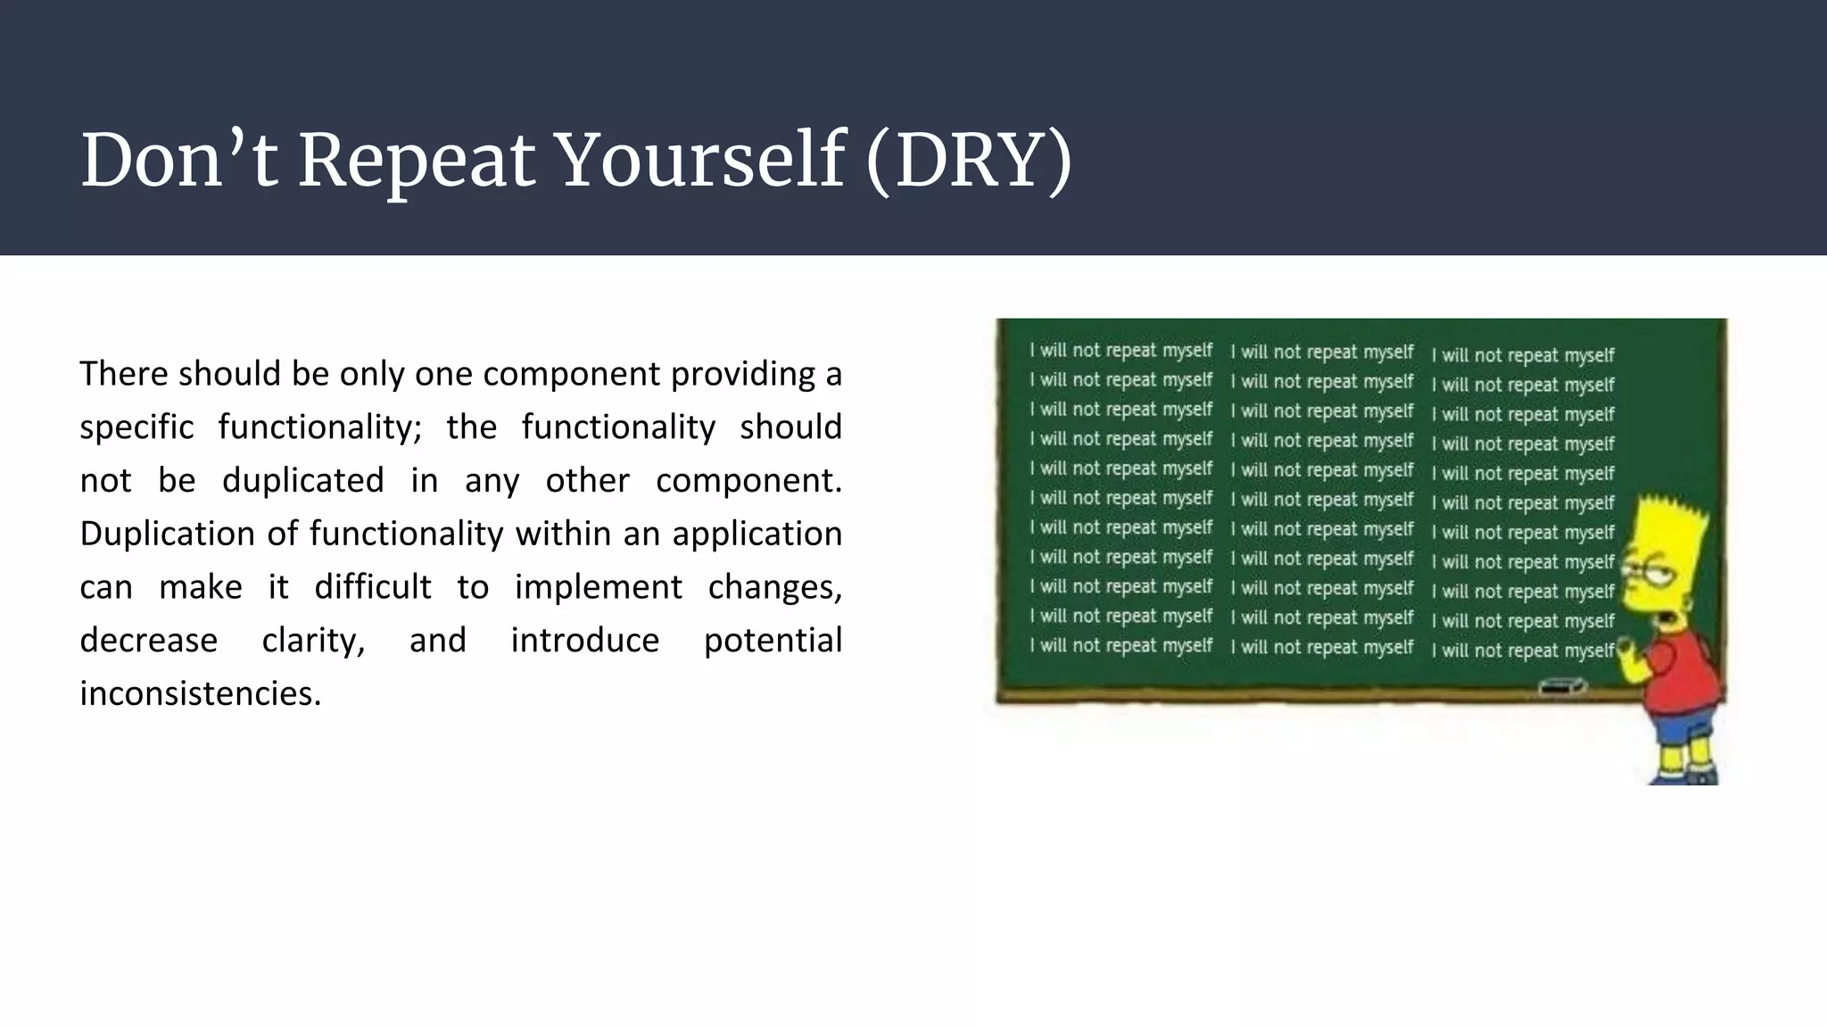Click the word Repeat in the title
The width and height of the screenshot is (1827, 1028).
417,161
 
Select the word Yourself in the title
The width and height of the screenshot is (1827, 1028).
701,161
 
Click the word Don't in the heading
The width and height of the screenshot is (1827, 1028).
178,161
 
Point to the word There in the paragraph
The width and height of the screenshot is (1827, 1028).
122,374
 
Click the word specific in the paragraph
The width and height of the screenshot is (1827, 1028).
136,427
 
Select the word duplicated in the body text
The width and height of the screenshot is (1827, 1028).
303,481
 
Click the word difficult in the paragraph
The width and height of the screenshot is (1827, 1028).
373,587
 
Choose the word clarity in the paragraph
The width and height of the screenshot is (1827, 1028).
313,641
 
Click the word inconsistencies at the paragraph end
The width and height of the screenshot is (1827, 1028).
200,693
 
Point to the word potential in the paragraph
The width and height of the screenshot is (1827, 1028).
773,641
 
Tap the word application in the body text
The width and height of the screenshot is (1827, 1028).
756,535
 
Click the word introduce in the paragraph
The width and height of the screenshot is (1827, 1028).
584,641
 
